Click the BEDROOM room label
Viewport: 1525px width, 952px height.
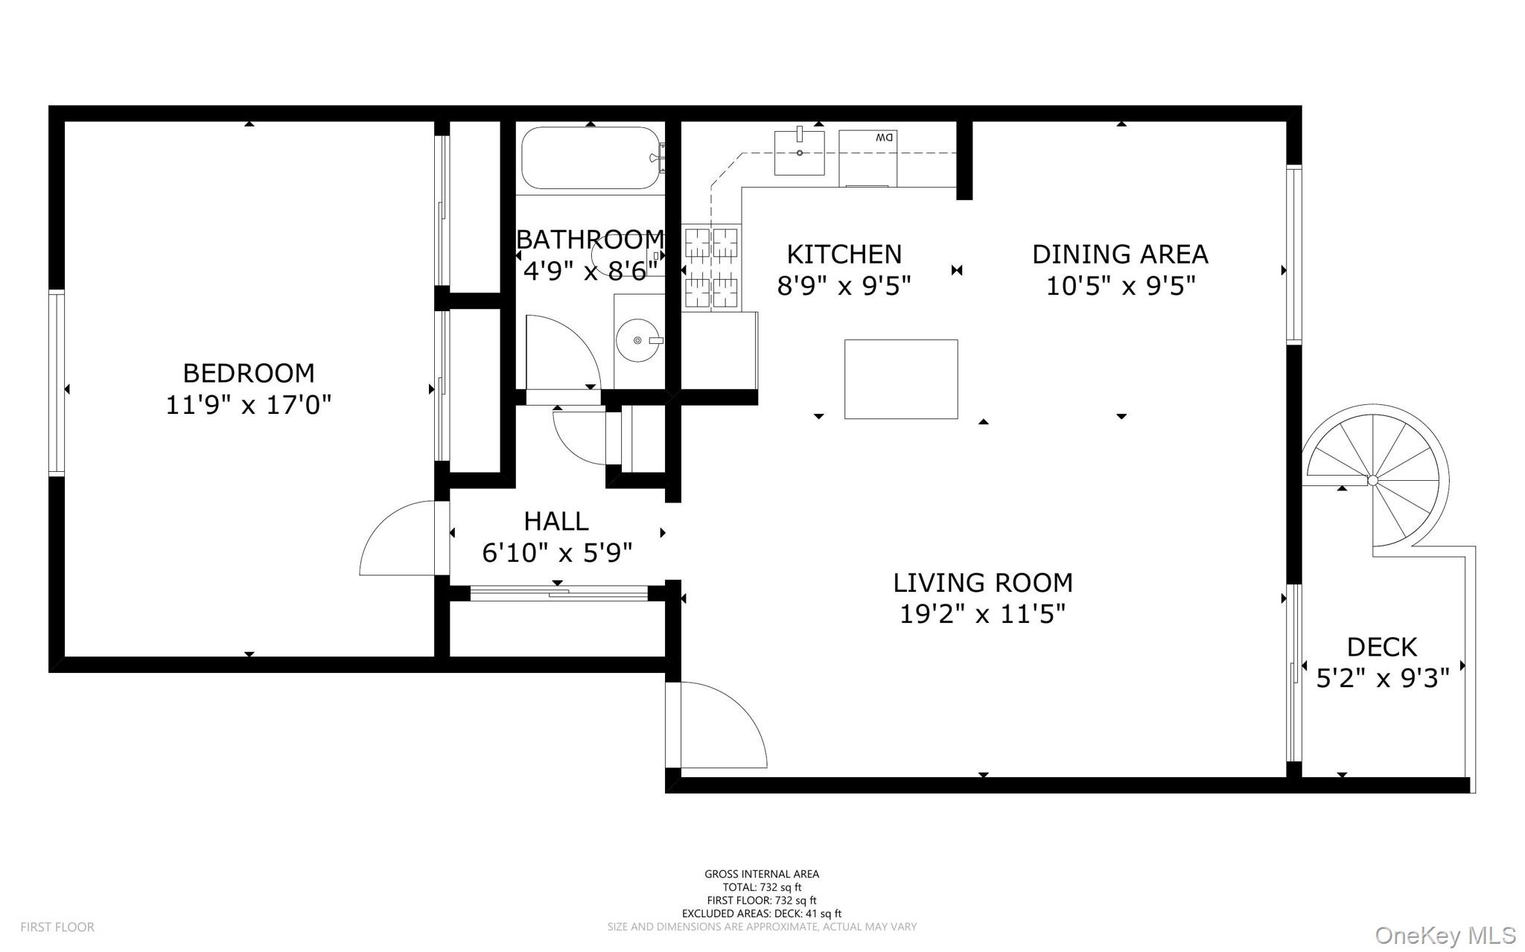tap(249, 372)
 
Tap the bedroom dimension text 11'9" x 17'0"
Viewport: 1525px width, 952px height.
tap(249, 405)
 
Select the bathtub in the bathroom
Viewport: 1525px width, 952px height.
tap(590, 158)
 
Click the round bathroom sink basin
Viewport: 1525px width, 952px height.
tap(637, 340)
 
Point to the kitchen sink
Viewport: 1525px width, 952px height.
tap(799, 153)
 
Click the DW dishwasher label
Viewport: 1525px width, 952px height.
tap(884, 138)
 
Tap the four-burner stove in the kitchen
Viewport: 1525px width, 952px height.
tap(711, 268)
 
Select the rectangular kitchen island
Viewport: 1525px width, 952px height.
tap(901, 379)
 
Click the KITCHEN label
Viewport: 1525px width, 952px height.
tap(844, 255)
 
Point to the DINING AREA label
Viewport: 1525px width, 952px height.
tap(1120, 255)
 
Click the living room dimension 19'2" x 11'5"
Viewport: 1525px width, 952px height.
tap(983, 614)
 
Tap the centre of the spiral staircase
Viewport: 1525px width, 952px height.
tap(1373, 480)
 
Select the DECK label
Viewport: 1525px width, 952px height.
tap(1382, 647)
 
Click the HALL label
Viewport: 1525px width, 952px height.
tap(556, 521)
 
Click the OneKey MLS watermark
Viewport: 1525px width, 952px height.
tap(1445, 935)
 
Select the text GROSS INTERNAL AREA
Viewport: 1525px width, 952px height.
tap(762, 874)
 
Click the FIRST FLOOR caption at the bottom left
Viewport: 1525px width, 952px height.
tap(57, 927)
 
